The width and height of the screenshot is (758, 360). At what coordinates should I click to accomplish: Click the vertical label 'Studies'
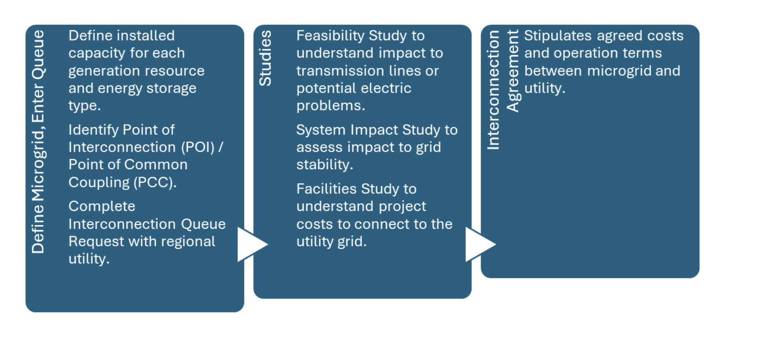pyautogui.click(x=265, y=58)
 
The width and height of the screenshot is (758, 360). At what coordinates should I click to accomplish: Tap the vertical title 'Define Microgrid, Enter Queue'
pyautogui.click(x=38, y=142)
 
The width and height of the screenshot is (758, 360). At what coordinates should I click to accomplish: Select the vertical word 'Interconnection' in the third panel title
pyautogui.click(x=493, y=90)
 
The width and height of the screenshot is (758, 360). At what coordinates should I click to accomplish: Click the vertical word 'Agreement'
pyautogui.click(x=513, y=71)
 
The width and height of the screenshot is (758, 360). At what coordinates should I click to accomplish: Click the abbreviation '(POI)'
pyautogui.click(x=198, y=147)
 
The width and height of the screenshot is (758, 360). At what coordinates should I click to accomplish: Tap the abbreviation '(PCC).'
pyautogui.click(x=155, y=182)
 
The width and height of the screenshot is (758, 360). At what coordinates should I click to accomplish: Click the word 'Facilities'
pyautogui.click(x=327, y=189)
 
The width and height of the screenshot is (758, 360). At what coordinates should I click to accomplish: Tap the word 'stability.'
pyautogui.click(x=325, y=165)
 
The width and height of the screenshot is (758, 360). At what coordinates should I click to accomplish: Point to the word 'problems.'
pyautogui.click(x=331, y=106)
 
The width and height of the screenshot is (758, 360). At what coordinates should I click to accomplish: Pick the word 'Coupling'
pyautogui.click(x=99, y=182)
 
